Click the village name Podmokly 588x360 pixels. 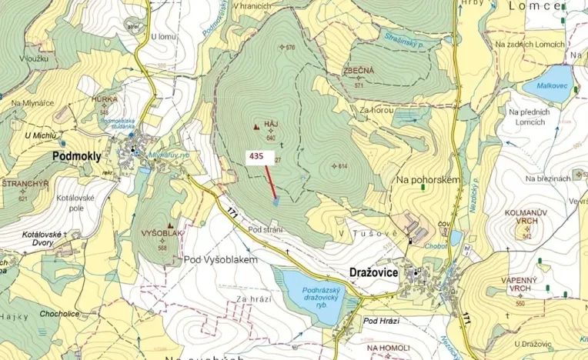[76, 155]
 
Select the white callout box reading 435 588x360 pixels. [256, 155]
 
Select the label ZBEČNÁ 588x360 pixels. [359, 71]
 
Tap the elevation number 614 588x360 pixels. [342, 166]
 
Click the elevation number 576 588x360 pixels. [289, 48]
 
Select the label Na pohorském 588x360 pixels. [428, 179]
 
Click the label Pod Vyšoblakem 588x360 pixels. [219, 260]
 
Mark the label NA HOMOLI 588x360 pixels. [389, 348]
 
